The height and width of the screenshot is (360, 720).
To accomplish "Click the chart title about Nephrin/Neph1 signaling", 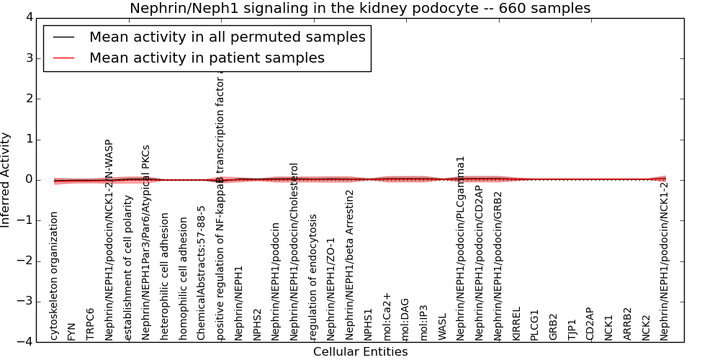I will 360,9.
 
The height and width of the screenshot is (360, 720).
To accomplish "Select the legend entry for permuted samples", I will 227,37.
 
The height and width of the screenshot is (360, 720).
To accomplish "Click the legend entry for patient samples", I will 207,58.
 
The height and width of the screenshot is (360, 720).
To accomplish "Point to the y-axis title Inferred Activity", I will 6,179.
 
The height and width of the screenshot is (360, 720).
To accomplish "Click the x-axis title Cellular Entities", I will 360,352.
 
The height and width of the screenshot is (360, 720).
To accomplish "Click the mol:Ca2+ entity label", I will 387,317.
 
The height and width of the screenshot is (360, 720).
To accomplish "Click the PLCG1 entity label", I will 535,325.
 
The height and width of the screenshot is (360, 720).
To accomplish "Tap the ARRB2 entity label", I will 628,324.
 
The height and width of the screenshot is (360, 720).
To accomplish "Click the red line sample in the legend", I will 63,58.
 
